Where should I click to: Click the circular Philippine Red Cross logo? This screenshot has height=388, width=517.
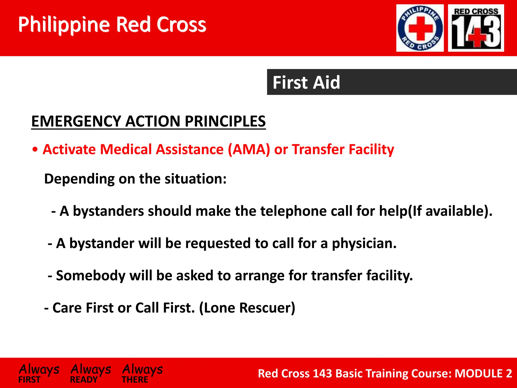[420, 28]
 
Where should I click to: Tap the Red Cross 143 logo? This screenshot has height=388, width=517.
[476, 28]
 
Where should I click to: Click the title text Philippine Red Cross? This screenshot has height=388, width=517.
[112, 25]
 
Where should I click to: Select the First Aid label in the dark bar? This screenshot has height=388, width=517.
[306, 82]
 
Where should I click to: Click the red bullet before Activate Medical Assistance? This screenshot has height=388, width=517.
[35, 150]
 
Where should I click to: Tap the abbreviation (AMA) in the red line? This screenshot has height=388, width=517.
[249, 149]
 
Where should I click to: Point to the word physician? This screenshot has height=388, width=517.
[364, 244]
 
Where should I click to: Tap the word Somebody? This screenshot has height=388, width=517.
[91, 275]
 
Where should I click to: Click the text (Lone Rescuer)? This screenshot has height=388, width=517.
[247, 308]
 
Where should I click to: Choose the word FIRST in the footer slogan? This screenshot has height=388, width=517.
[29, 379]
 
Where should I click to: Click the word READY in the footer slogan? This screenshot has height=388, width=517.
[84, 379]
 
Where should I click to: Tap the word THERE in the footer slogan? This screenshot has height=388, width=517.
[135, 379]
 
